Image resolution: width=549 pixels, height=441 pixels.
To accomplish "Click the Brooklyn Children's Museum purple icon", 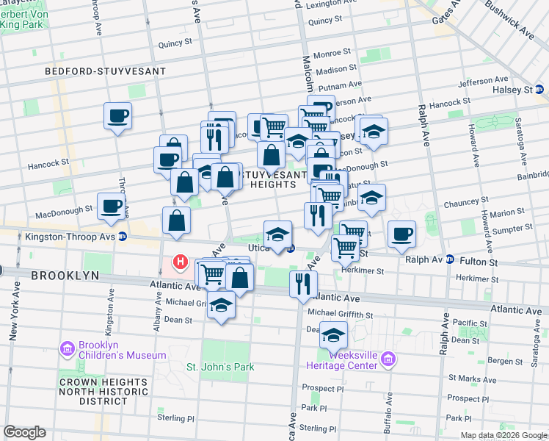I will [68, 348].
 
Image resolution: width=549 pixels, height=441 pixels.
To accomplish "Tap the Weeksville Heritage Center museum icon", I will [388, 360].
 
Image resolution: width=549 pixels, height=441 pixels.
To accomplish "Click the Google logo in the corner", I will [25, 432].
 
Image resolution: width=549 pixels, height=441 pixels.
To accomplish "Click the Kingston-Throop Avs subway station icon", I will [123, 237].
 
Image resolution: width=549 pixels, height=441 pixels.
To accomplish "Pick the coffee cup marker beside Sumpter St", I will [401, 234].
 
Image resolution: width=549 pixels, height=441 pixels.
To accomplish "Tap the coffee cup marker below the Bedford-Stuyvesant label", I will [117, 115].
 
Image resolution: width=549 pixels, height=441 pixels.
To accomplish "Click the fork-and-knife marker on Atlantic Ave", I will [303, 283].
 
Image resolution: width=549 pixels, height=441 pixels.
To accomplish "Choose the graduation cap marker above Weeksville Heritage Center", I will [333, 334].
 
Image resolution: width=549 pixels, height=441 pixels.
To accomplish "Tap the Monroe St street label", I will [332, 54].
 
